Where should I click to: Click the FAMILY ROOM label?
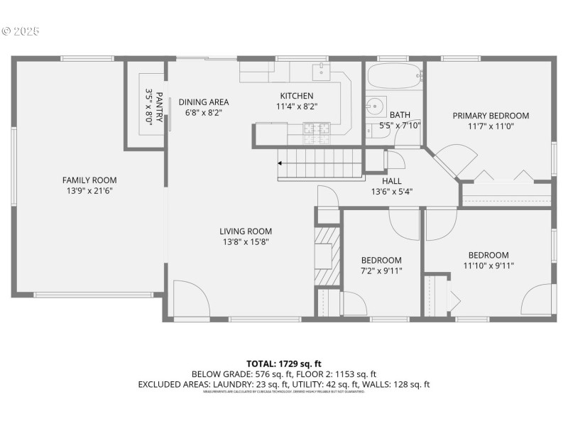[x=89, y=180]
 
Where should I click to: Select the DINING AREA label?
[x=203, y=102]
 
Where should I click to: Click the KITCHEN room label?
[x=296, y=96]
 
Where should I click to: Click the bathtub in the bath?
[x=394, y=75]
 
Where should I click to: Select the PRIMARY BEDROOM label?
[x=491, y=116]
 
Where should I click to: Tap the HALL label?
[x=392, y=180]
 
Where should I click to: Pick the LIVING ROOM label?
[x=245, y=231]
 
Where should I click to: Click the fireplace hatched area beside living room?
[x=328, y=256]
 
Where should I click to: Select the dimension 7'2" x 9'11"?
[x=381, y=271]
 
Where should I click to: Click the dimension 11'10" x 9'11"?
[x=488, y=266]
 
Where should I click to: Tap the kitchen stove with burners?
[x=312, y=129]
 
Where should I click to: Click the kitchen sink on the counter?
[x=322, y=69]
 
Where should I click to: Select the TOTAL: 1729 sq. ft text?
[x=283, y=364]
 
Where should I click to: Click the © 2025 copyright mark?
[x=21, y=31]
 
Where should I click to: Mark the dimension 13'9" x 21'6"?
[x=89, y=190]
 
